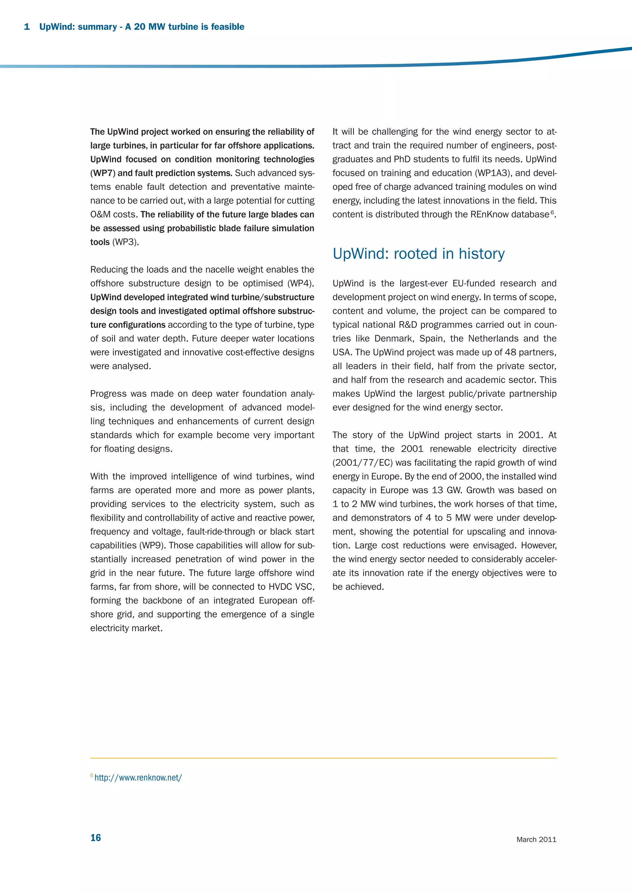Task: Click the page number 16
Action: click(95, 838)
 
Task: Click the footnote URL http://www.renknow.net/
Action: click(138, 777)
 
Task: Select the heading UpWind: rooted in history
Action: click(418, 253)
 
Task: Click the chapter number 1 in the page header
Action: click(27, 27)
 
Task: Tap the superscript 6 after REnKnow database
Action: click(552, 212)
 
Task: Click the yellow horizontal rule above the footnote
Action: click(323, 758)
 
